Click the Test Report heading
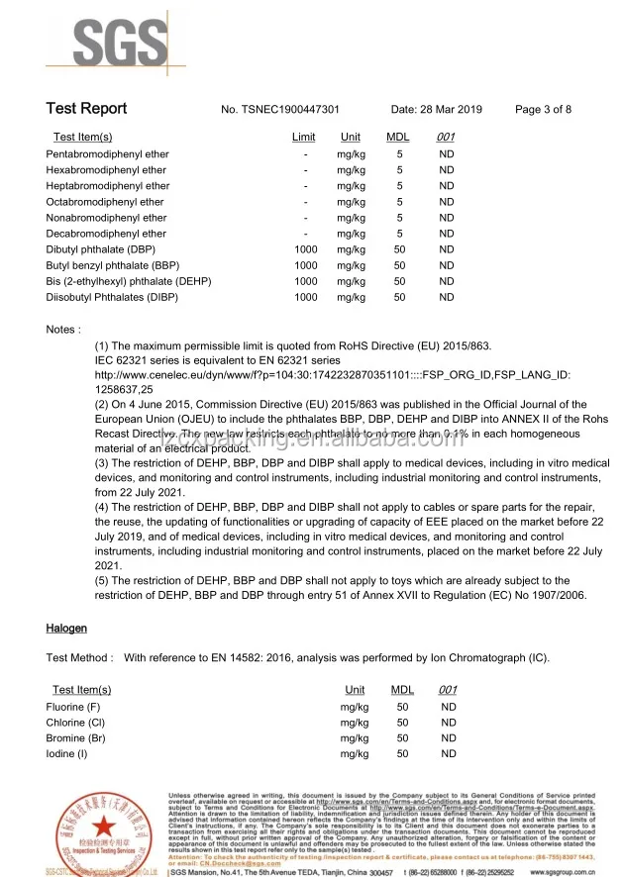[x=86, y=109]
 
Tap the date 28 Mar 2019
[x=436, y=110]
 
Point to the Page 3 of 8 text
[x=543, y=110]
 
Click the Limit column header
[x=304, y=138]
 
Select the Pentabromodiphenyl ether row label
[x=107, y=154]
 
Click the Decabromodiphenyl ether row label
[x=106, y=234]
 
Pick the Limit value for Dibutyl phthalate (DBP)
[x=306, y=249]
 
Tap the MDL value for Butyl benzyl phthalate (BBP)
[x=400, y=265]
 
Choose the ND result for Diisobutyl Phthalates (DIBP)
[x=447, y=297]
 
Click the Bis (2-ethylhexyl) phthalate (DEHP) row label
[x=129, y=281]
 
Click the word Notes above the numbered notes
[x=63, y=329]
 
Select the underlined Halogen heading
[x=66, y=629]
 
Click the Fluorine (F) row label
[x=73, y=707]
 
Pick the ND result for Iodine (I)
[x=449, y=754]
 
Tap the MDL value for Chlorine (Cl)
[x=402, y=723]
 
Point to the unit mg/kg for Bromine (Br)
[x=354, y=738]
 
